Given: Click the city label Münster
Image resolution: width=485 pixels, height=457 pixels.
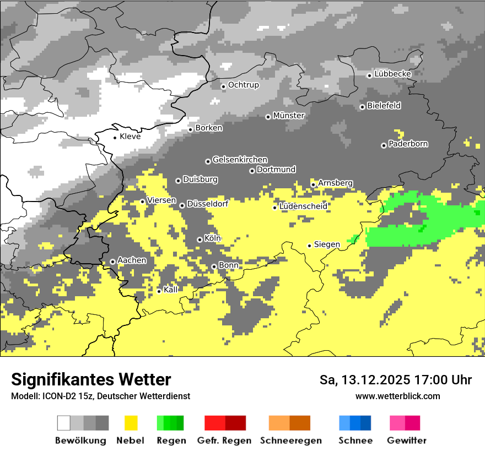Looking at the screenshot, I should (x=289, y=116).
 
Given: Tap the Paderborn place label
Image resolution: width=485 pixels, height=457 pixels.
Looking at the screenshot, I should (x=408, y=144).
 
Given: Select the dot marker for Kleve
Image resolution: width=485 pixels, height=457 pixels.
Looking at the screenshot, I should (x=115, y=138).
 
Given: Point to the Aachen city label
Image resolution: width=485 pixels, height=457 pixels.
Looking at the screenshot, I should (x=132, y=260).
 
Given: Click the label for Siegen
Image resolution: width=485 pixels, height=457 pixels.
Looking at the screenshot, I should (x=327, y=244).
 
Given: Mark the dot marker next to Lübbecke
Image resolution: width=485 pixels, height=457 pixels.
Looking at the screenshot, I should (x=369, y=75).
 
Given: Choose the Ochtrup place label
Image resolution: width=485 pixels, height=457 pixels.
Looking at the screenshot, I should (x=243, y=85).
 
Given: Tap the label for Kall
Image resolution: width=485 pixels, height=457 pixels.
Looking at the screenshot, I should (x=171, y=290).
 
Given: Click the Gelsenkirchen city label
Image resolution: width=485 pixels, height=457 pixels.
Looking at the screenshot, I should (x=240, y=160).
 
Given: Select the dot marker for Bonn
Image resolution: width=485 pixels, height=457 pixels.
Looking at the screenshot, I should (x=214, y=267).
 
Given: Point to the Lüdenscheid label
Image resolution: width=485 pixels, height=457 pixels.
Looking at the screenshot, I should (x=303, y=206).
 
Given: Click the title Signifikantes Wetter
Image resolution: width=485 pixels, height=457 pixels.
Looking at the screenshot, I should (x=91, y=379).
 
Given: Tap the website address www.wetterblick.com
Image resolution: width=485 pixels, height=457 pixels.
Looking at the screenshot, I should (x=397, y=396).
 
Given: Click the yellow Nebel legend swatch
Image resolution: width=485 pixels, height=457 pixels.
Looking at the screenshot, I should (x=131, y=423).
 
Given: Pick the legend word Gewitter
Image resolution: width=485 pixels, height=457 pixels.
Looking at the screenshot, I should (x=407, y=440).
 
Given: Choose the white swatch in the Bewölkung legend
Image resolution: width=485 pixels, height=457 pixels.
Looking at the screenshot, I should (x=64, y=423).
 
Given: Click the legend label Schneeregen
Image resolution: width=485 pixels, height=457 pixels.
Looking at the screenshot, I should (x=291, y=440).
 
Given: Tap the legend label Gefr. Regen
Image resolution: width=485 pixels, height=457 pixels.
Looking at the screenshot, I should (x=224, y=440).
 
